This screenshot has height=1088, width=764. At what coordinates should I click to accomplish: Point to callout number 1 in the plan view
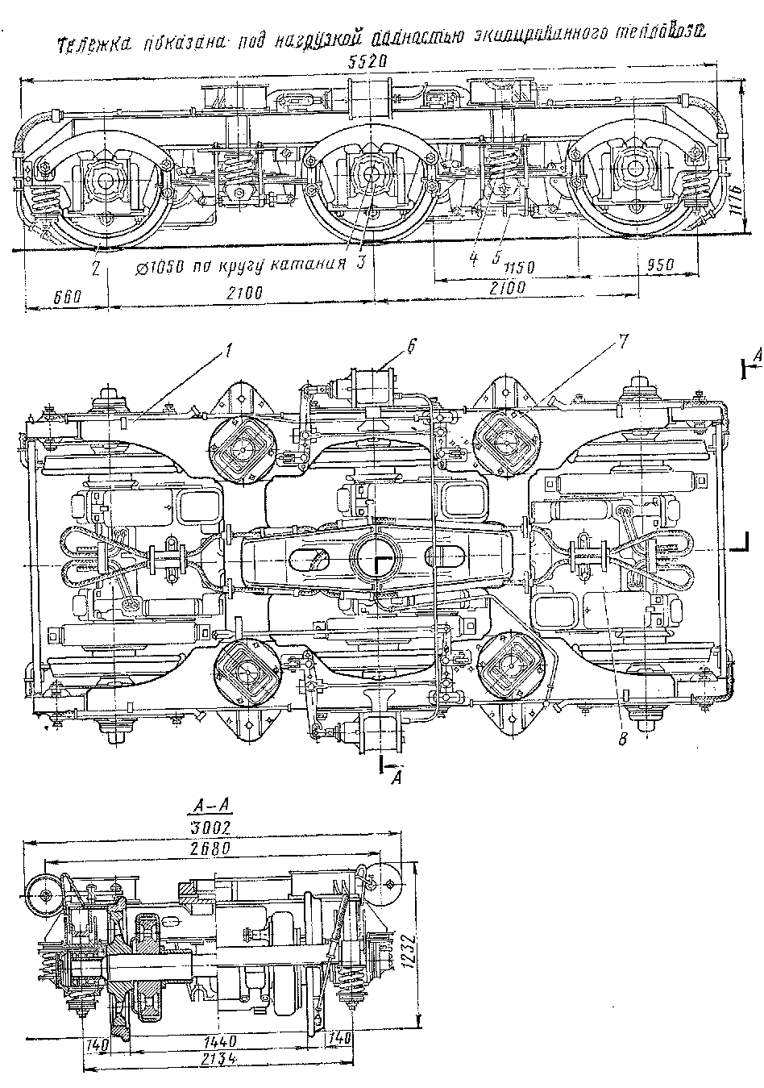pyautogui.click(x=230, y=352)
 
